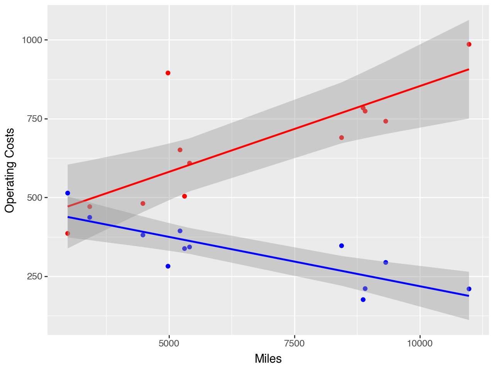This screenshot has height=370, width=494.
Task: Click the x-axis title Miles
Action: tap(268, 359)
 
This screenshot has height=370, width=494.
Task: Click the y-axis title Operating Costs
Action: tap(10, 170)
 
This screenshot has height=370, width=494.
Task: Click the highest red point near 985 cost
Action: tap(469, 44)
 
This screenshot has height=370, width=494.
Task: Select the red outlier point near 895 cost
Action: tap(168, 73)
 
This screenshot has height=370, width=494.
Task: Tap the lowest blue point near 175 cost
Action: tap(363, 299)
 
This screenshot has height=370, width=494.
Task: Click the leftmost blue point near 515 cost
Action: tap(68, 193)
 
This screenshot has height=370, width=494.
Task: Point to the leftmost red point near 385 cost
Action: tap(68, 233)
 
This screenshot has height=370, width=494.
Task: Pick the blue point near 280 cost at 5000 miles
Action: tap(168, 266)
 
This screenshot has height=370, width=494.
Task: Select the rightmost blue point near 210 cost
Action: tap(469, 289)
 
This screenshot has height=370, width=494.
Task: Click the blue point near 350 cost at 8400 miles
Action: tap(342, 246)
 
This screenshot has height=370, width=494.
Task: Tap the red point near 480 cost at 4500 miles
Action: tap(143, 203)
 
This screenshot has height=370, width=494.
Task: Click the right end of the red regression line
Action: tap(469, 69)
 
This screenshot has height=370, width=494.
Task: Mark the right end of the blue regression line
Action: tap(469, 296)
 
